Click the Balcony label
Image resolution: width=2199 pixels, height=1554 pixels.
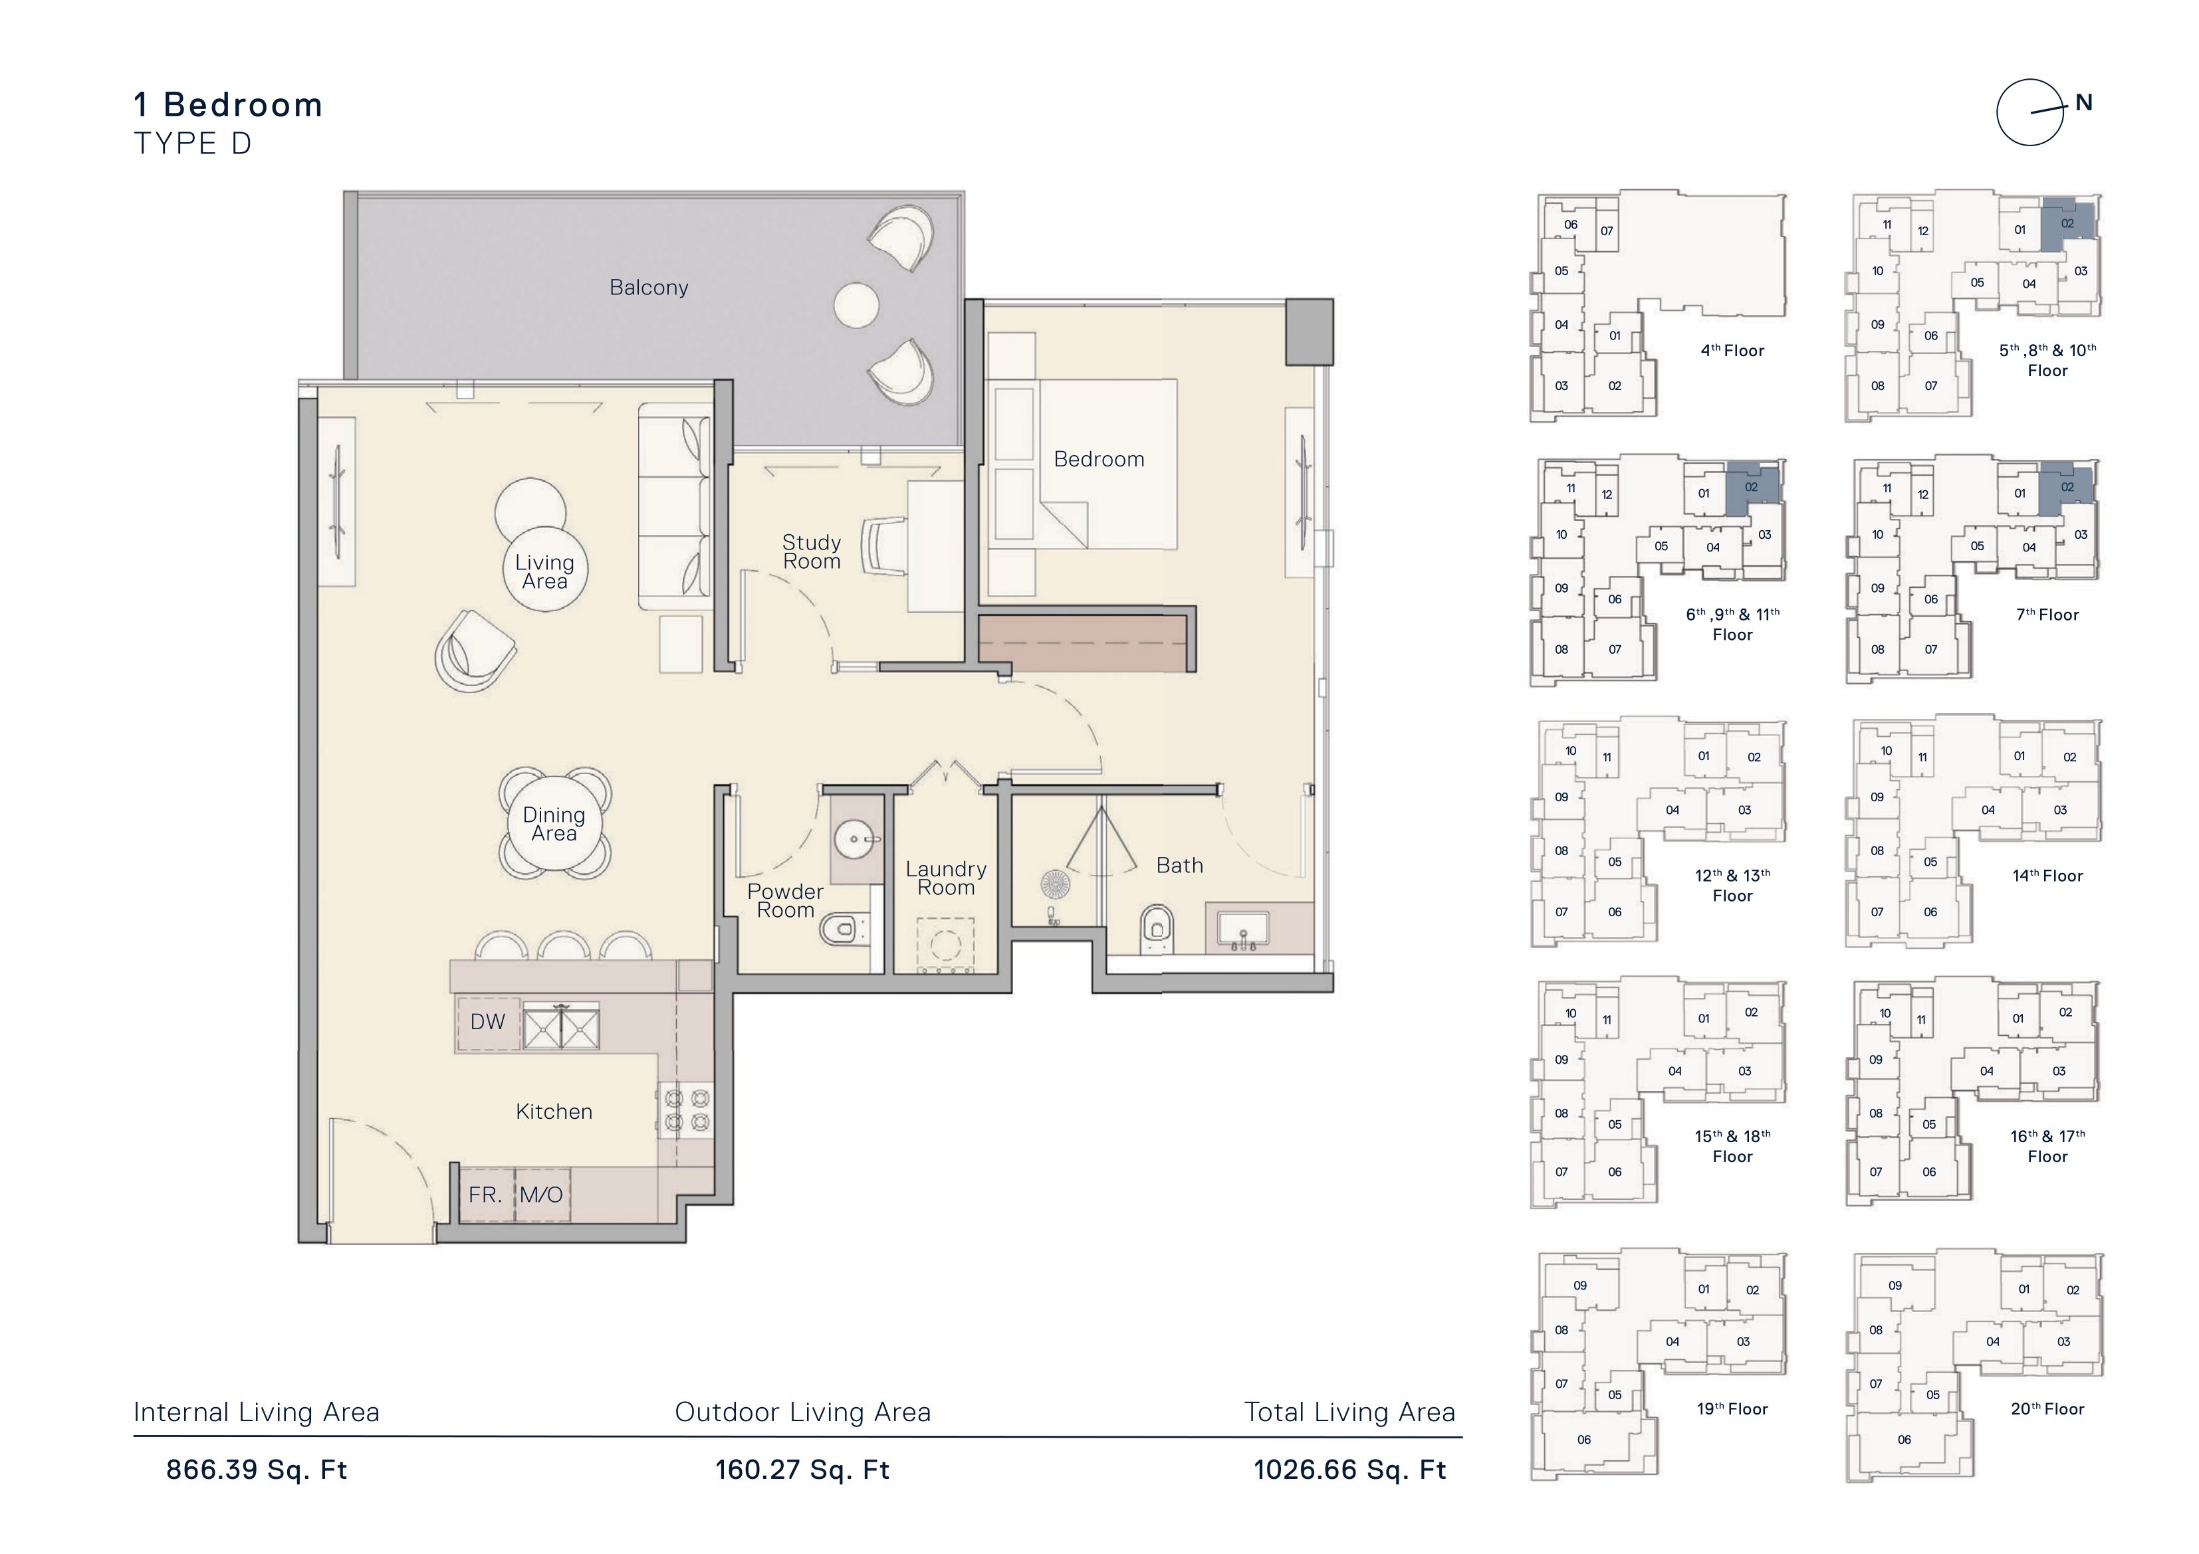click(648, 287)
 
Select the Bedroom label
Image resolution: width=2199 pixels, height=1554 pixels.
click(1099, 460)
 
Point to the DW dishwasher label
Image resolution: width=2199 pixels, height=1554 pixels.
click(487, 1022)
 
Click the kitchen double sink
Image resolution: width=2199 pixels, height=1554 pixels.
click(561, 1026)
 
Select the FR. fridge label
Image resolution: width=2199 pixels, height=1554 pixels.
click(485, 1195)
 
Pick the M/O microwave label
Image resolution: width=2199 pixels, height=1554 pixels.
click(541, 1195)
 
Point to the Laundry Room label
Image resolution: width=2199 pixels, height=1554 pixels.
click(946, 878)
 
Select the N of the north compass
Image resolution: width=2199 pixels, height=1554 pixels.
click(2083, 104)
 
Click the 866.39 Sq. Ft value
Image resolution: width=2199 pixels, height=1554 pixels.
click(257, 1470)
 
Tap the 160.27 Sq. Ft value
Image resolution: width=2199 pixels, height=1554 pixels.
click(802, 1470)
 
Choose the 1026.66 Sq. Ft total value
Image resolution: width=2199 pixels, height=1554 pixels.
click(1350, 1470)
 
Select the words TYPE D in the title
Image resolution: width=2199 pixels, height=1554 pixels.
click(193, 144)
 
